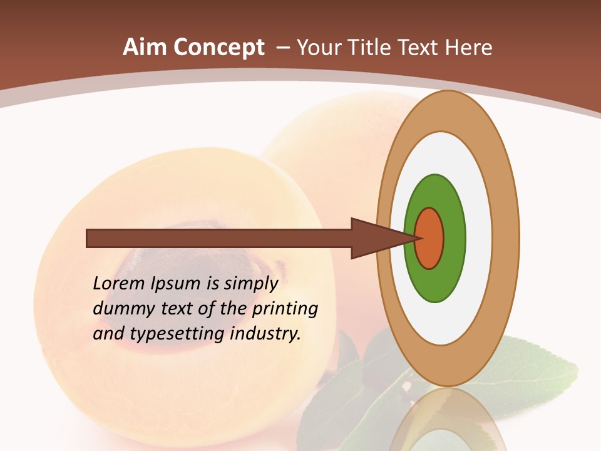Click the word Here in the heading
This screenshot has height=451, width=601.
click(468, 48)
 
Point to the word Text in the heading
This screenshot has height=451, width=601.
click(421, 48)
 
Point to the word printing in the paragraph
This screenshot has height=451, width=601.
click(284, 309)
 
